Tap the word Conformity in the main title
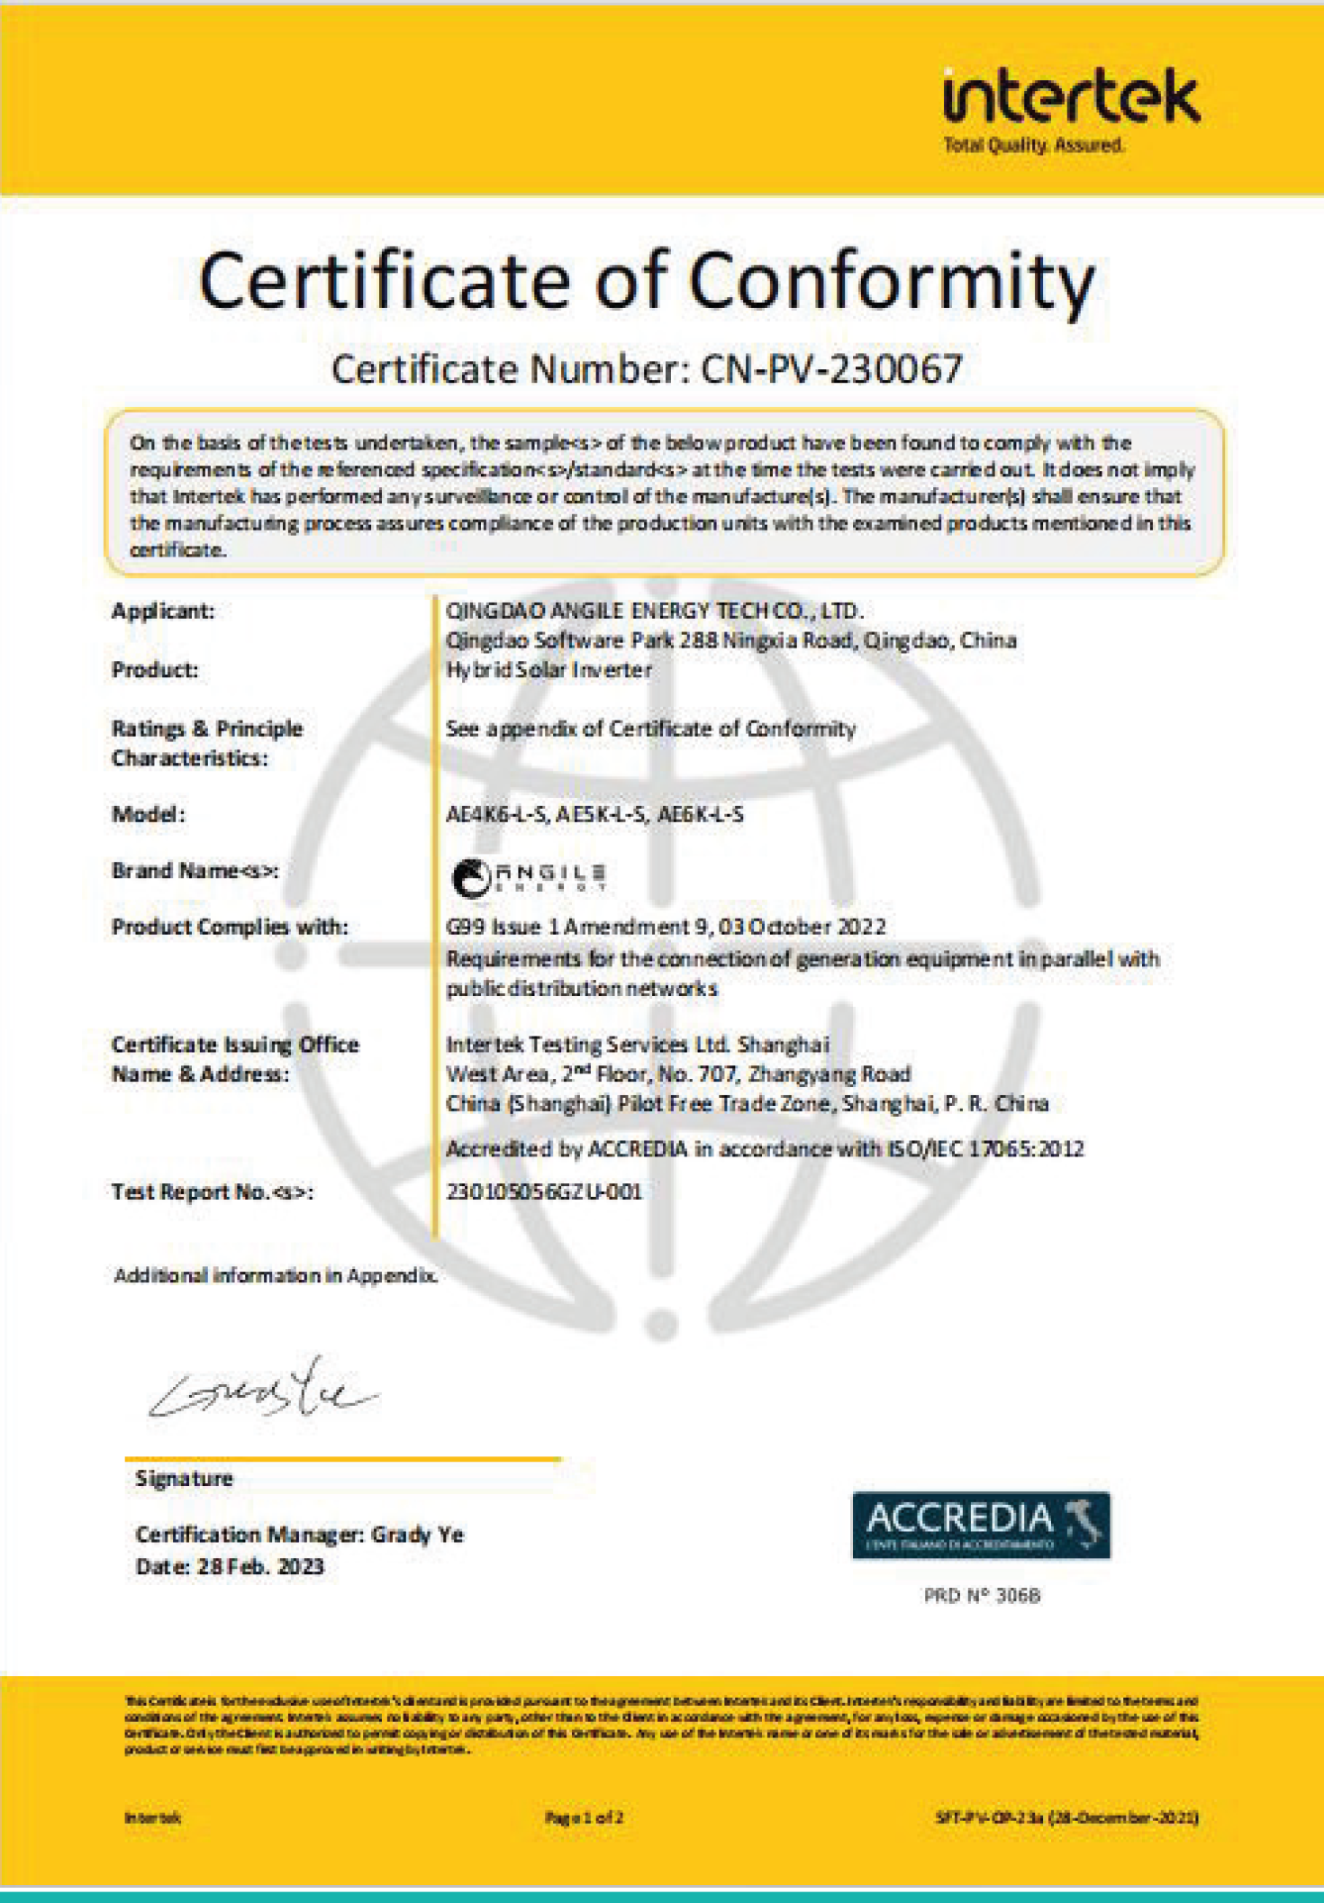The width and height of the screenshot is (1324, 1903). coord(892,281)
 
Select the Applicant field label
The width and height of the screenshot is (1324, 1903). coord(163,612)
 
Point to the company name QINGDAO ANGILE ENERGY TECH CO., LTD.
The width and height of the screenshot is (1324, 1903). coord(655,611)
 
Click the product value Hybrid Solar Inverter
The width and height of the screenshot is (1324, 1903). coord(549,670)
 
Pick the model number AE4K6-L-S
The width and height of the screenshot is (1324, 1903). coord(496,815)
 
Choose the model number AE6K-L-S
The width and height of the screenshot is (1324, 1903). coord(701,815)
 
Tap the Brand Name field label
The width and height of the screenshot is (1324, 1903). coord(195,871)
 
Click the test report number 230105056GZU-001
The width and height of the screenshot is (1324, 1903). coord(544,1192)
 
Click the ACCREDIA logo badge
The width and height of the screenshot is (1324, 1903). coord(981,1526)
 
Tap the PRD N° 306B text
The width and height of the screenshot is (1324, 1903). coord(982,1595)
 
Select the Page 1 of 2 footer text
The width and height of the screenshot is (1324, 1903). coord(584,1817)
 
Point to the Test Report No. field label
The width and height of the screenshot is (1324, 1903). coord(212,1192)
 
